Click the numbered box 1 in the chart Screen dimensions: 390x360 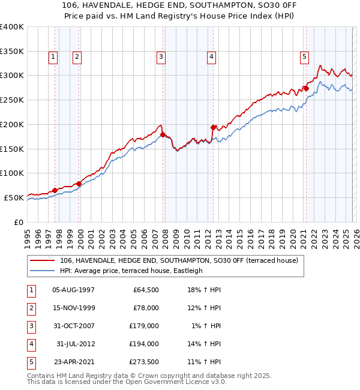(x=53, y=57)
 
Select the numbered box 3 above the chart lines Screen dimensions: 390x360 (x=161, y=57)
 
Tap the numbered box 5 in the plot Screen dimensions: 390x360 (x=304, y=57)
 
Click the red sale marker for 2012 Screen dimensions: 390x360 (x=213, y=127)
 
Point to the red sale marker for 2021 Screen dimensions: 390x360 (x=305, y=89)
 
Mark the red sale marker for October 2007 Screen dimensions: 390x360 (x=163, y=134)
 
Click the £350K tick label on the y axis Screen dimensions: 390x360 (x=11, y=52)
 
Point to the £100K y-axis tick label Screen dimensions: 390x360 (x=11, y=173)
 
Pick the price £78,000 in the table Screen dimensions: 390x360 (x=146, y=308)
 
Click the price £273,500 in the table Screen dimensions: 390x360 (x=144, y=362)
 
